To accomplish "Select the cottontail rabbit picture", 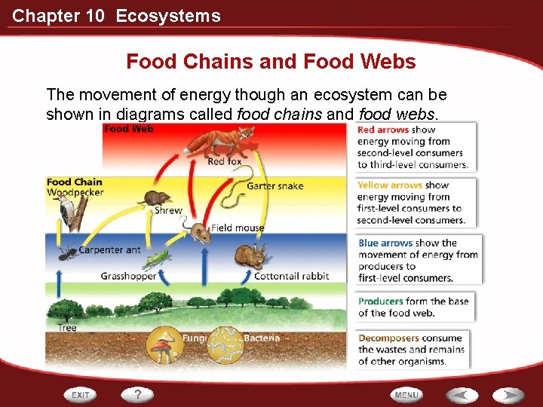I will click(x=250, y=257).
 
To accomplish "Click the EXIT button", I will click(x=81, y=394).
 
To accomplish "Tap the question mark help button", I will click(x=138, y=394).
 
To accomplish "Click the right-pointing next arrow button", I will click(x=509, y=394).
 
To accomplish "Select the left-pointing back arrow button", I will click(x=461, y=394).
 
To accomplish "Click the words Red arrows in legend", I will click(x=383, y=130).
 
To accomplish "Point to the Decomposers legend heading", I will click(x=388, y=338).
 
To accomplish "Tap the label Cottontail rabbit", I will click(x=291, y=276).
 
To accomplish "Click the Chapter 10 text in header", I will click(x=58, y=16).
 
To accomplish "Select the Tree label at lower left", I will click(x=67, y=328).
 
